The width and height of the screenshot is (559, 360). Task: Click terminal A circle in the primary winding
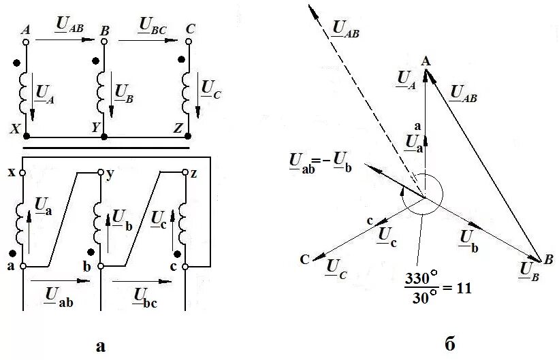click(26, 42)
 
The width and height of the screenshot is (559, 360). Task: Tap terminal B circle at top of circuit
click(104, 42)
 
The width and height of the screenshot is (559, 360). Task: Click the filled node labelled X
click(26, 136)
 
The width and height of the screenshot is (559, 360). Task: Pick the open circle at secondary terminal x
click(22, 173)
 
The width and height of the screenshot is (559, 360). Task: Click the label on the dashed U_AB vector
click(346, 29)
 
